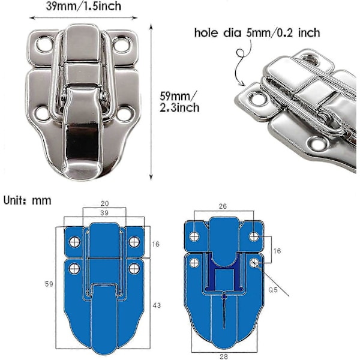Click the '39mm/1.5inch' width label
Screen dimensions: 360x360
(83, 6)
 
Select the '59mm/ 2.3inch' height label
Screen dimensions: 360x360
(179, 102)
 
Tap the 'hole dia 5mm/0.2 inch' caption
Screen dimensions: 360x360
(257, 33)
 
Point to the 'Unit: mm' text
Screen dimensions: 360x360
(28, 200)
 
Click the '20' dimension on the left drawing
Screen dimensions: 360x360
(104, 203)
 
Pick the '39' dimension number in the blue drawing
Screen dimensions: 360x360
(104, 213)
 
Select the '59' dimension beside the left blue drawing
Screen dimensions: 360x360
(49, 284)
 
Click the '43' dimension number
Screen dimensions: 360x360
(157, 305)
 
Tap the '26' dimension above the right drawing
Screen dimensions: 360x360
(223, 206)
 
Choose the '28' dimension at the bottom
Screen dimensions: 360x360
(223, 356)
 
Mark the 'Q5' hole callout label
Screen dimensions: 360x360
(273, 290)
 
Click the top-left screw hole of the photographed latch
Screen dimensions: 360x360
(44, 44)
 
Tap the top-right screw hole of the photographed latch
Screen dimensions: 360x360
(122, 44)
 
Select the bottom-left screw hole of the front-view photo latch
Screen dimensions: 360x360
(42, 113)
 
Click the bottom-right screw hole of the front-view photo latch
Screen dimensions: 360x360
(126, 113)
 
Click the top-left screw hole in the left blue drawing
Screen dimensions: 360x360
(74, 242)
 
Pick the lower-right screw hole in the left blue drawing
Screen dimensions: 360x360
(134, 268)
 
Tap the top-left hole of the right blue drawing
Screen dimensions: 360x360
(194, 236)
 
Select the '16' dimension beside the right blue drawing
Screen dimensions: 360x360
(277, 251)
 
